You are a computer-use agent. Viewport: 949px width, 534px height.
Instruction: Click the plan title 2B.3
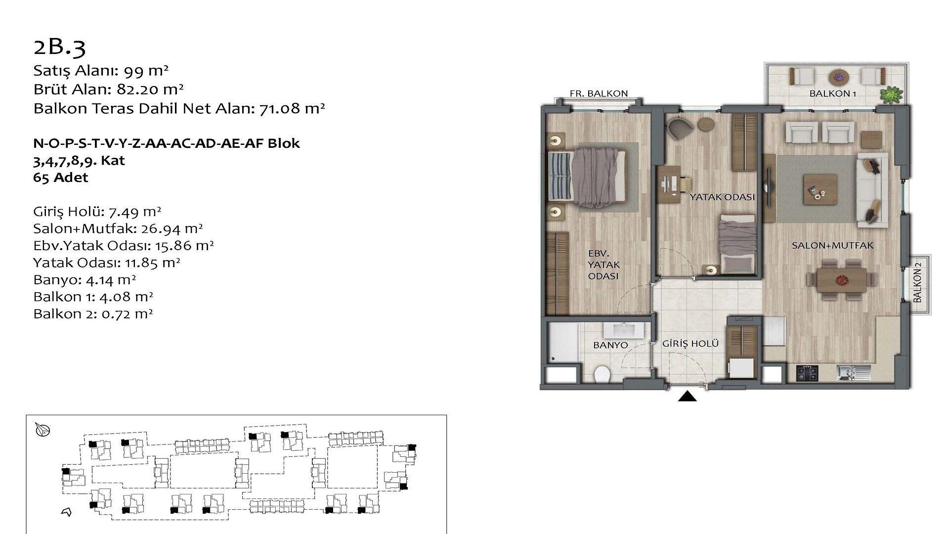click(x=59, y=47)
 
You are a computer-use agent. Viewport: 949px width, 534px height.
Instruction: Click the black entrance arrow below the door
click(x=687, y=397)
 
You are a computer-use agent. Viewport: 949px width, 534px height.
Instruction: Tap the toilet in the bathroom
click(x=602, y=374)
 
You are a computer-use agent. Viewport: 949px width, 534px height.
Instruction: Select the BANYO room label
click(x=610, y=346)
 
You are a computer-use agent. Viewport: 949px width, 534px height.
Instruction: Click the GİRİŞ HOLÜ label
click(x=690, y=344)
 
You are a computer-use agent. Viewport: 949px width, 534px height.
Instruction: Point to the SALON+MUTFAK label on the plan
click(x=832, y=245)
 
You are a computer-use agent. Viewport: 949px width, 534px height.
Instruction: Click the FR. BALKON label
click(x=599, y=93)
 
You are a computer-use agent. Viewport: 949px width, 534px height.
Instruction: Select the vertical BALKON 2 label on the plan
click(x=917, y=282)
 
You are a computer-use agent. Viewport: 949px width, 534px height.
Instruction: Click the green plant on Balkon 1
click(x=891, y=94)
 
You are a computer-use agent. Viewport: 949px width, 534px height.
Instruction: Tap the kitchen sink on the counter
click(x=853, y=372)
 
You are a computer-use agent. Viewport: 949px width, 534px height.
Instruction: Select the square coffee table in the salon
click(x=820, y=188)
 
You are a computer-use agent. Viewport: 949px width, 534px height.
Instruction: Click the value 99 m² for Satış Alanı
click(x=146, y=71)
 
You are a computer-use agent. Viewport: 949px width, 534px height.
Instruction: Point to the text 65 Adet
click(x=61, y=178)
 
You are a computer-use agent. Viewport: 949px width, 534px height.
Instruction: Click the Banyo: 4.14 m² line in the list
click(x=85, y=280)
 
